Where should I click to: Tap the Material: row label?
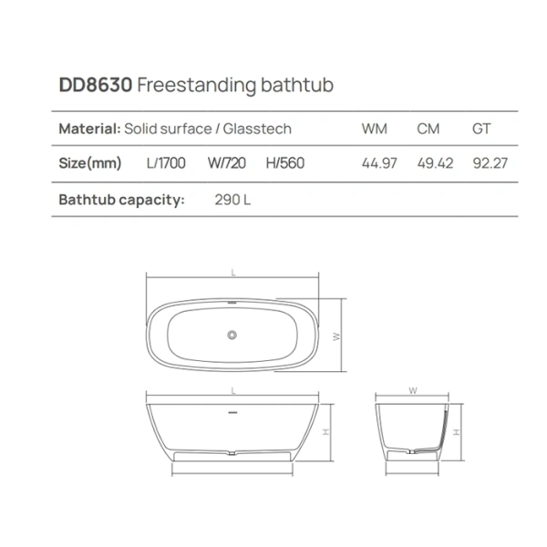coord(88,129)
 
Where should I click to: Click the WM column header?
coord(375,129)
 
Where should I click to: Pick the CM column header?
coord(428,129)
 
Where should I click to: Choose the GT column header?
coord(481,129)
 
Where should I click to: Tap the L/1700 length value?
coord(166,165)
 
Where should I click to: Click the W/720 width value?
coord(227,165)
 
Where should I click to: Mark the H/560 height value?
coord(285,165)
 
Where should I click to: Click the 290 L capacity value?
coord(232,199)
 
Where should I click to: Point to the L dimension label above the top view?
coord(234,272)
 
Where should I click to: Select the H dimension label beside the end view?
coord(455,432)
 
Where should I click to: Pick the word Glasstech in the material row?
coord(258,129)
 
